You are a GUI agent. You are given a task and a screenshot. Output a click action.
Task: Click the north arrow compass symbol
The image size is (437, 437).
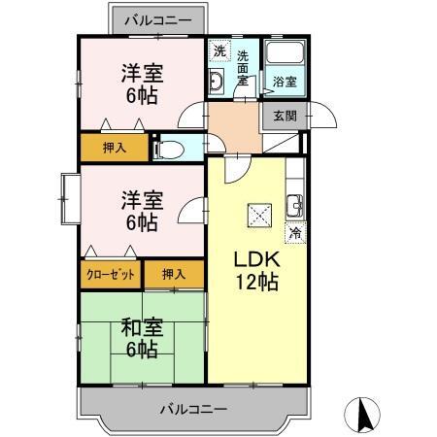tap(366, 415)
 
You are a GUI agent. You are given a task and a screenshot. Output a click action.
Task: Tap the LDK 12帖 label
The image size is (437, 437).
tap(255, 272)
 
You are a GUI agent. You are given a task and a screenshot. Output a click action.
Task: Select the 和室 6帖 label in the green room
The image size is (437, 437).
tap(141, 337)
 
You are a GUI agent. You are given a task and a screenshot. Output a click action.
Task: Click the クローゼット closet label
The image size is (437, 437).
tap(111, 274)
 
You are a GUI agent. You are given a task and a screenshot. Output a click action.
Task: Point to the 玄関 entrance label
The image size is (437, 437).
tap(285, 116)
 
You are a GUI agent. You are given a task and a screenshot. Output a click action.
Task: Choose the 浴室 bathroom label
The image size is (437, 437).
tap(285, 82)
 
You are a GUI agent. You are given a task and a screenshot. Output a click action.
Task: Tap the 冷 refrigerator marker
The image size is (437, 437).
tap(294, 233)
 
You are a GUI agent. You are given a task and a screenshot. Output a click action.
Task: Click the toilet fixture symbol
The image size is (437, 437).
tap(168, 149)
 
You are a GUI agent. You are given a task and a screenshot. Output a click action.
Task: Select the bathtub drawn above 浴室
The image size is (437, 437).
tap(286, 55)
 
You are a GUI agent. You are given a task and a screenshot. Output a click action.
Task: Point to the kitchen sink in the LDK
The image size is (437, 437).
tap(294, 206)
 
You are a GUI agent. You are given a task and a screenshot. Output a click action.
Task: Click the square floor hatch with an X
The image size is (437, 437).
tap(259, 215)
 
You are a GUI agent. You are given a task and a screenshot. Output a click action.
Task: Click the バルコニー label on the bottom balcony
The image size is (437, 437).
tap(194, 408)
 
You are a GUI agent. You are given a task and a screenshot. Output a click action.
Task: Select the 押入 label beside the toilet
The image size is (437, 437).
tap(114, 148)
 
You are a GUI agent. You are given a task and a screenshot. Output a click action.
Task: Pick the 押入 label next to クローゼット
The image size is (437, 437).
tap(175, 274)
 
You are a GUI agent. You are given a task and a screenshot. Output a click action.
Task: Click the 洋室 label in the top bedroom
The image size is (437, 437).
tap(141, 71)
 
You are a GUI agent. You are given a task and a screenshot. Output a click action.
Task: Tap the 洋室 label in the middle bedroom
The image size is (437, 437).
tap(141, 200)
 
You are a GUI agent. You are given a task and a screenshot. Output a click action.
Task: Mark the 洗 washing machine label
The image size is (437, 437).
tap(219, 50)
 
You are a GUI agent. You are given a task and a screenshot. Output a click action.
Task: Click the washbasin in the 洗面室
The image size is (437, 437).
tap(218, 84)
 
